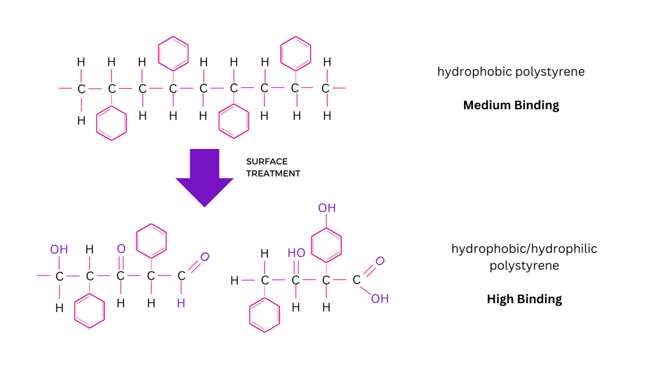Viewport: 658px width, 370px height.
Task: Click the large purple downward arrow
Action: point(204,176)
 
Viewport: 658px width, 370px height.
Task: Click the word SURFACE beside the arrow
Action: point(267,161)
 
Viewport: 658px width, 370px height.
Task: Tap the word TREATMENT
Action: point(273,173)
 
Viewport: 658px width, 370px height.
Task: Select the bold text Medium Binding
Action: point(511,105)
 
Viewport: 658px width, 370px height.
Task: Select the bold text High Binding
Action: point(524,299)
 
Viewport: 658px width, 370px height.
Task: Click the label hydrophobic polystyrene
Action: point(511,72)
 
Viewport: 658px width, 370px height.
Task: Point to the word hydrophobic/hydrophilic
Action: point(524,249)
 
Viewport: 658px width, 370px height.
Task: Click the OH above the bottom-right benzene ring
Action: point(327,208)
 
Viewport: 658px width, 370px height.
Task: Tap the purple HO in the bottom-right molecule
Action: point(296,253)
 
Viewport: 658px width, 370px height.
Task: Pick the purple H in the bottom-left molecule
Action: point(181,303)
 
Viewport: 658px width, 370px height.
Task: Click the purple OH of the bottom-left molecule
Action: point(58,250)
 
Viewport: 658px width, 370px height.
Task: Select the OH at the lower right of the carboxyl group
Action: point(380,299)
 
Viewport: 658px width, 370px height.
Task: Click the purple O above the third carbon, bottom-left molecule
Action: point(121,249)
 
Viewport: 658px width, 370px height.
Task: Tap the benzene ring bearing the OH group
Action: point(312,245)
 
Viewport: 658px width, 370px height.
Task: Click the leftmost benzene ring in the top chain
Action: point(96,123)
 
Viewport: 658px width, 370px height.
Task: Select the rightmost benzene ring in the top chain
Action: point(281,54)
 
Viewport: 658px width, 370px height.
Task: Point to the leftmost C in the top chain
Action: point(82,89)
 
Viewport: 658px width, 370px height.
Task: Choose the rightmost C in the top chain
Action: point(325,89)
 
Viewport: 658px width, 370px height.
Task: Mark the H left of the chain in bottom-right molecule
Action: point(235,281)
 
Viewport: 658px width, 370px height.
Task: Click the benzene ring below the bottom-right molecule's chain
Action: point(250,315)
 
